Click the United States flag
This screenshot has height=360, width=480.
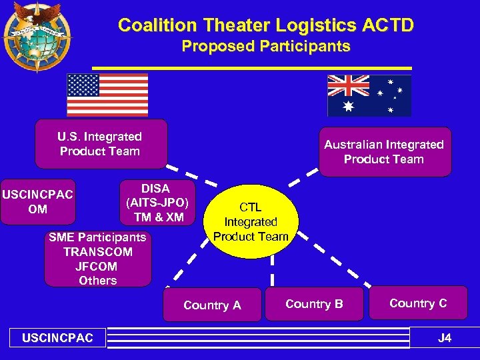click(x=107, y=95)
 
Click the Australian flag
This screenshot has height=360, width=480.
click(x=369, y=95)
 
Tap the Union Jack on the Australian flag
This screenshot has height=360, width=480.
click(x=348, y=85)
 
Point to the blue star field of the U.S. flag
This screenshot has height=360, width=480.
click(x=83, y=85)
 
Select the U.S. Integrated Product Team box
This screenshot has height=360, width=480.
click(x=101, y=144)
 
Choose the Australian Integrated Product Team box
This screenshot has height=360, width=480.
click(x=384, y=152)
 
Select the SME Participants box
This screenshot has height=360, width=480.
click(x=97, y=259)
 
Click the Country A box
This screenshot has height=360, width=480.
click(x=212, y=305)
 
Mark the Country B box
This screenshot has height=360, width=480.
click(x=314, y=304)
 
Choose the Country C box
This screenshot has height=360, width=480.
click(x=418, y=303)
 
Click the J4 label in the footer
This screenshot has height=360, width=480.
click(x=444, y=338)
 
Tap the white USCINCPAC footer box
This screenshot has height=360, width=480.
click(x=57, y=338)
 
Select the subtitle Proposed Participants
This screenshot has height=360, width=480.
click(x=265, y=47)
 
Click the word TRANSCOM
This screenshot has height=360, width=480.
click(x=97, y=252)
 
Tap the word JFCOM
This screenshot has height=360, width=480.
click(x=97, y=266)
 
